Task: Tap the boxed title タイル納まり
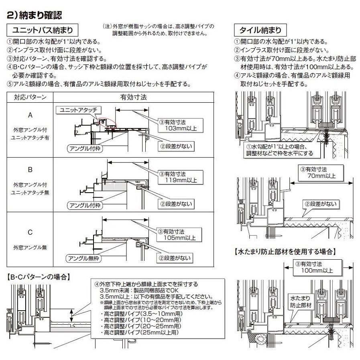coord(260,30)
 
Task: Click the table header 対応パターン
coord(30,97)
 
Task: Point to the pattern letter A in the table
coord(30,115)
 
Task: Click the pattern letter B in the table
coord(30,169)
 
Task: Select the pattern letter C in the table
coord(30,232)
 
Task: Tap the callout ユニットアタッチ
coord(79,110)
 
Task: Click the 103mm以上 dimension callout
coord(177,125)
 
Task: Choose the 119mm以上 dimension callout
coord(177,177)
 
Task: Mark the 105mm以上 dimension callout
coord(177,235)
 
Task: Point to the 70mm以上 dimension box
coord(319,173)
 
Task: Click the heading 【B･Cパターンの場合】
coord(39,276)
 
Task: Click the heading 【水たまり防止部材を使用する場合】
coord(285,252)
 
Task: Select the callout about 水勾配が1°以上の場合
coord(279,150)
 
